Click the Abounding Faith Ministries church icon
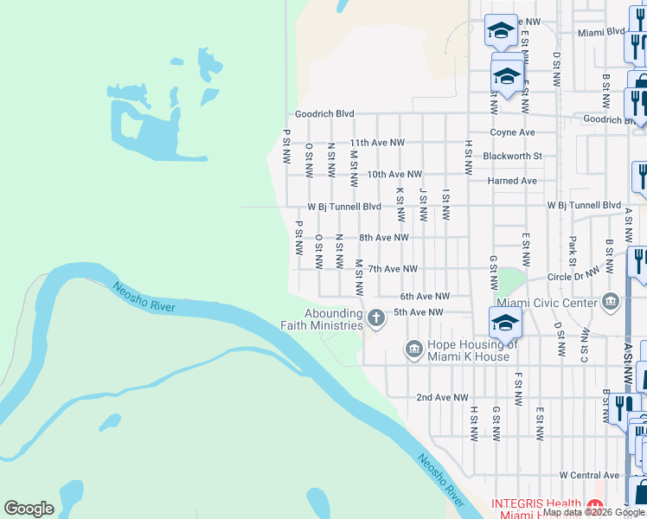[375, 318]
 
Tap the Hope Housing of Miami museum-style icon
[413, 350]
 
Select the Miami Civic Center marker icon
[612, 302]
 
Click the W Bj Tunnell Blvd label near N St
[344, 207]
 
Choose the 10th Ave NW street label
[394, 174]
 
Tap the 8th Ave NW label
[384, 237]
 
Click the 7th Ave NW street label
[393, 269]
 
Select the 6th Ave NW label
[425, 296]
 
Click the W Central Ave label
[589, 475]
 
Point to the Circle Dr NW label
[573, 278]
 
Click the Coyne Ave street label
[513, 132]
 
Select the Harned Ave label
[514, 181]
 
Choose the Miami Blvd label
[601, 31]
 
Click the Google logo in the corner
[29, 509]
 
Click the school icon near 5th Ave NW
[505, 323]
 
